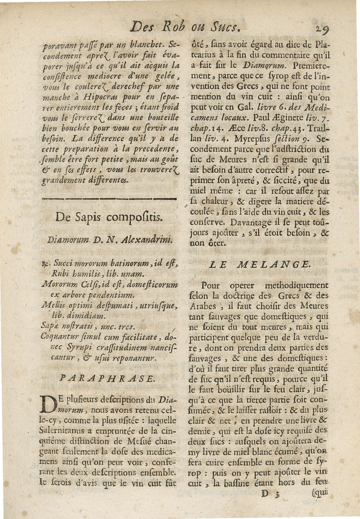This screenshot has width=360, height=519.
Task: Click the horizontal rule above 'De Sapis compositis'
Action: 108,198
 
